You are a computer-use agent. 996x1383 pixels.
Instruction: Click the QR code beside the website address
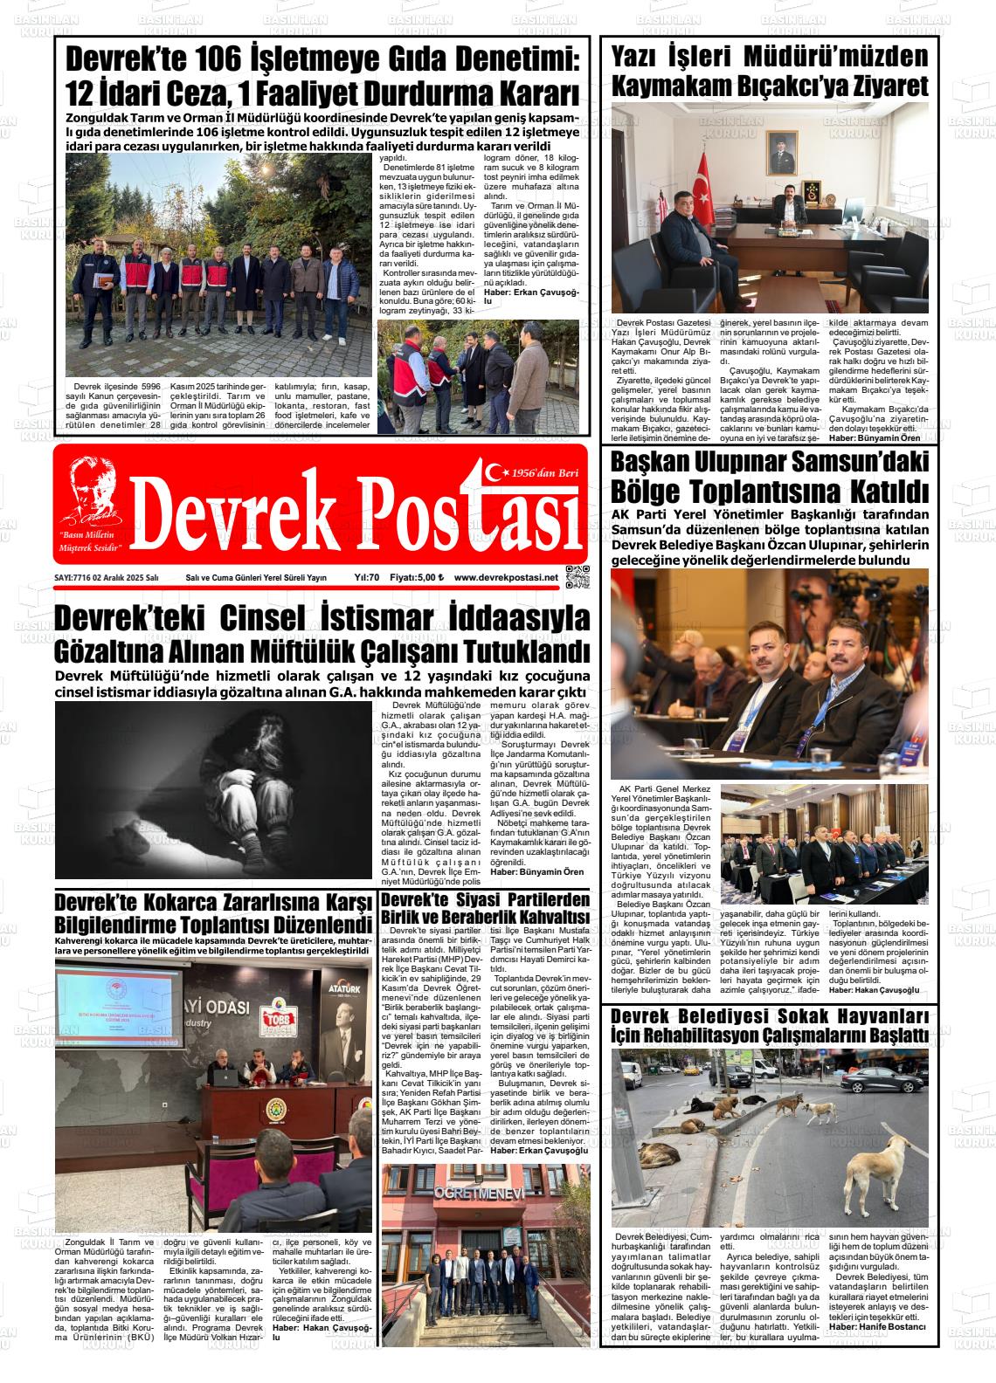coord(578,577)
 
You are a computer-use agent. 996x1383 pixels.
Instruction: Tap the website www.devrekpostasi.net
coord(506,577)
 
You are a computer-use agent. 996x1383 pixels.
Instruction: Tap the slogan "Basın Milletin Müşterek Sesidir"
coord(88,539)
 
